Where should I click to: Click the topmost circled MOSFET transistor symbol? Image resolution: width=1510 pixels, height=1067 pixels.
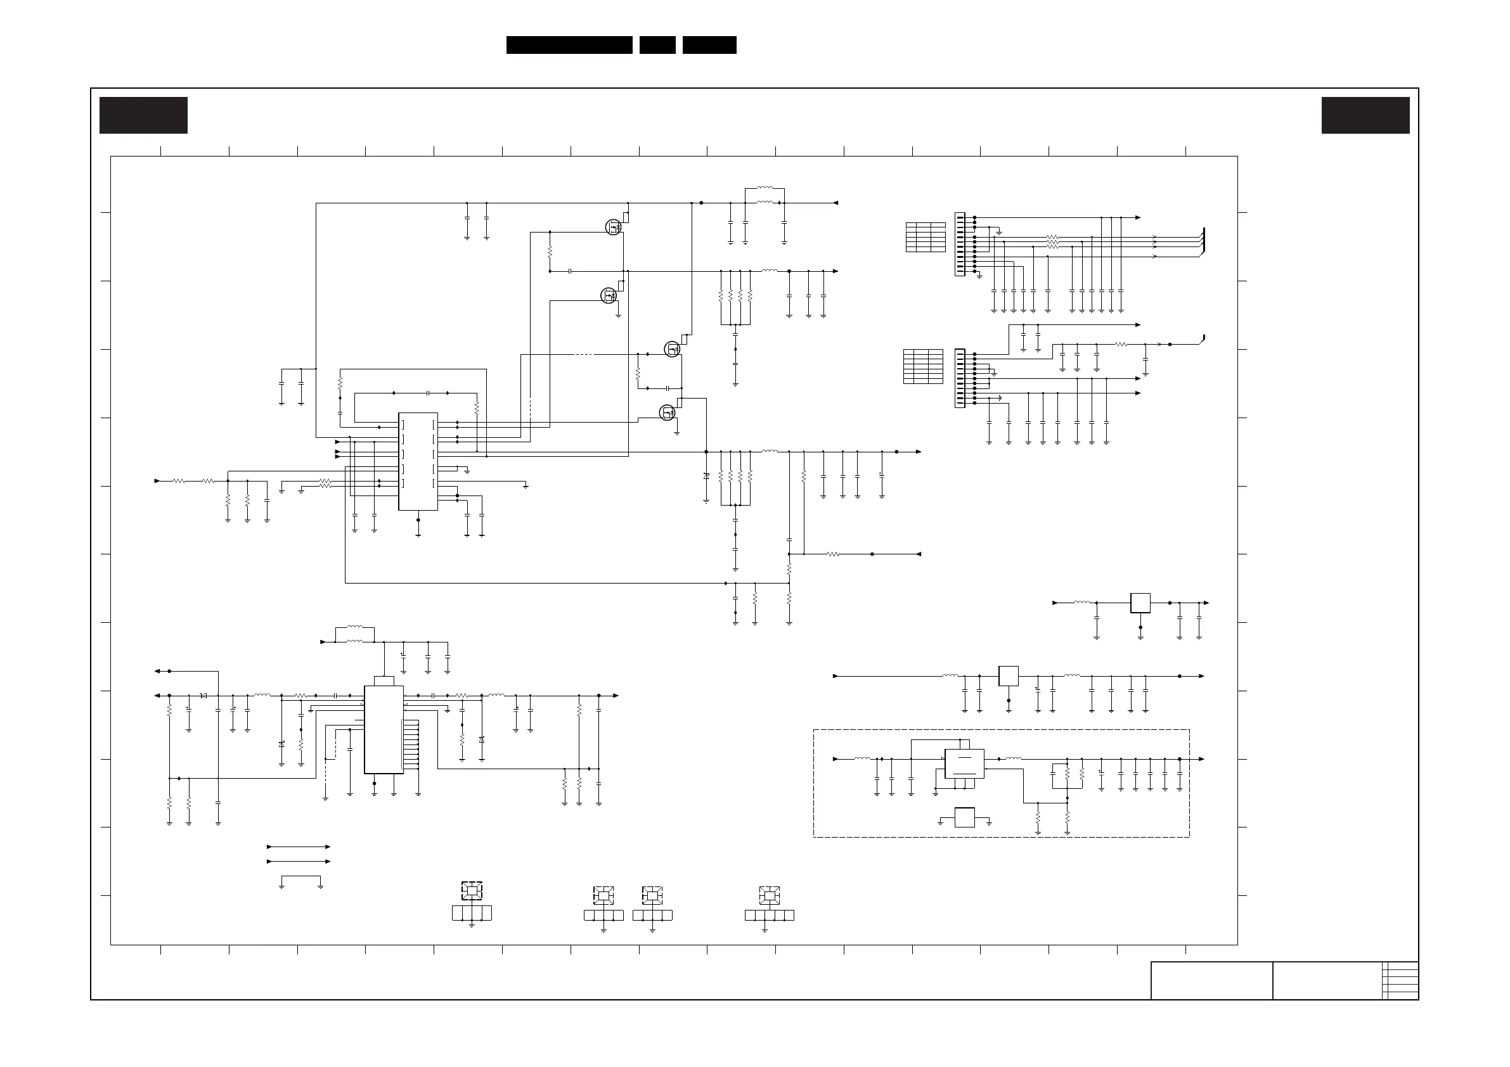pos(613,227)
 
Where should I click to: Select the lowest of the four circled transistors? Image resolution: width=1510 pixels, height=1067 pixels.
pos(667,413)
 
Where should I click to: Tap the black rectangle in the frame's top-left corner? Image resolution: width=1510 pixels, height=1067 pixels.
pos(143,116)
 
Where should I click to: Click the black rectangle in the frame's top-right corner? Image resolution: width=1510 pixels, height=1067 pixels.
pos(1365,116)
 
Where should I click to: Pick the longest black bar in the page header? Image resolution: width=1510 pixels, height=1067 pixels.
pos(569,45)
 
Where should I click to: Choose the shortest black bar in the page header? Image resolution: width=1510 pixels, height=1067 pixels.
pos(657,45)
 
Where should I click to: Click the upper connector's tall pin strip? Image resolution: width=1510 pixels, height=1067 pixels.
pos(960,245)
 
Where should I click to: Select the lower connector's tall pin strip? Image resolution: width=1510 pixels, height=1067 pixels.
pos(960,378)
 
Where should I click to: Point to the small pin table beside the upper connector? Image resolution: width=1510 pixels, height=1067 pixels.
pos(926,238)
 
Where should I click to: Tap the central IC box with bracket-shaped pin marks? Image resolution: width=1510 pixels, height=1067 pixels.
pos(418,461)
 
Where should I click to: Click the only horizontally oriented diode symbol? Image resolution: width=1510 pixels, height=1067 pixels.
pos(203,696)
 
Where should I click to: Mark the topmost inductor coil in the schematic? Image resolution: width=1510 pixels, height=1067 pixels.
pos(765,189)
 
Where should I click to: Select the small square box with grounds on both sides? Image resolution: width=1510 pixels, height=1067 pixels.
pos(964,817)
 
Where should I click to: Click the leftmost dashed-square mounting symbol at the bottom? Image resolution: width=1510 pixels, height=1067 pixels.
pos(472,891)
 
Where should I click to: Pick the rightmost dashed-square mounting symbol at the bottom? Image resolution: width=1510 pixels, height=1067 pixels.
pos(769,895)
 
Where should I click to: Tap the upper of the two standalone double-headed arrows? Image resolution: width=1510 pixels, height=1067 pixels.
pos(299,847)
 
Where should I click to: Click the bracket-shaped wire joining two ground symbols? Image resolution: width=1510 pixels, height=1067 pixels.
pos(300,877)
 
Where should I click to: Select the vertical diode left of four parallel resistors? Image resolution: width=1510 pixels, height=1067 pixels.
pos(706,475)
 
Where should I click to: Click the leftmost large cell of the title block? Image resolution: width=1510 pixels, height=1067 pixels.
pos(1211,981)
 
